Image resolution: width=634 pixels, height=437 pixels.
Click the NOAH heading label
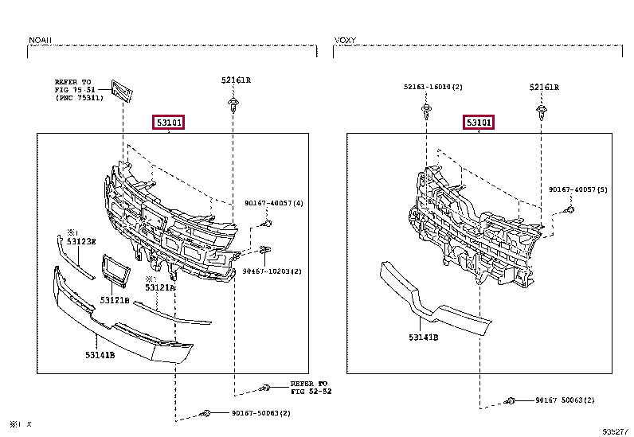click(40, 39)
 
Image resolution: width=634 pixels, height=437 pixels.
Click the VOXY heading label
click(345, 39)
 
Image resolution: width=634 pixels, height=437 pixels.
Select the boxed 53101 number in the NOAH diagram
click(170, 123)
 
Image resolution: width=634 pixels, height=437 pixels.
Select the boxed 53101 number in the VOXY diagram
click(479, 123)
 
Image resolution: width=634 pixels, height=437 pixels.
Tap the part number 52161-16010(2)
click(432, 86)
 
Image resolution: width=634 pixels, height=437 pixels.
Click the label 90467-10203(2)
click(272, 271)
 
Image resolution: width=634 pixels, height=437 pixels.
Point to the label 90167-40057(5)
click(577, 189)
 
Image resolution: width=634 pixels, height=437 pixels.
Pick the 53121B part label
click(115, 300)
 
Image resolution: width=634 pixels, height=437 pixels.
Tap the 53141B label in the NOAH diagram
click(100, 355)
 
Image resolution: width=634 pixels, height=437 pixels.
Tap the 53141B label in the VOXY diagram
click(424, 338)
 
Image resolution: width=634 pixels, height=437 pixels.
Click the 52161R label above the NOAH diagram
click(236, 80)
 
